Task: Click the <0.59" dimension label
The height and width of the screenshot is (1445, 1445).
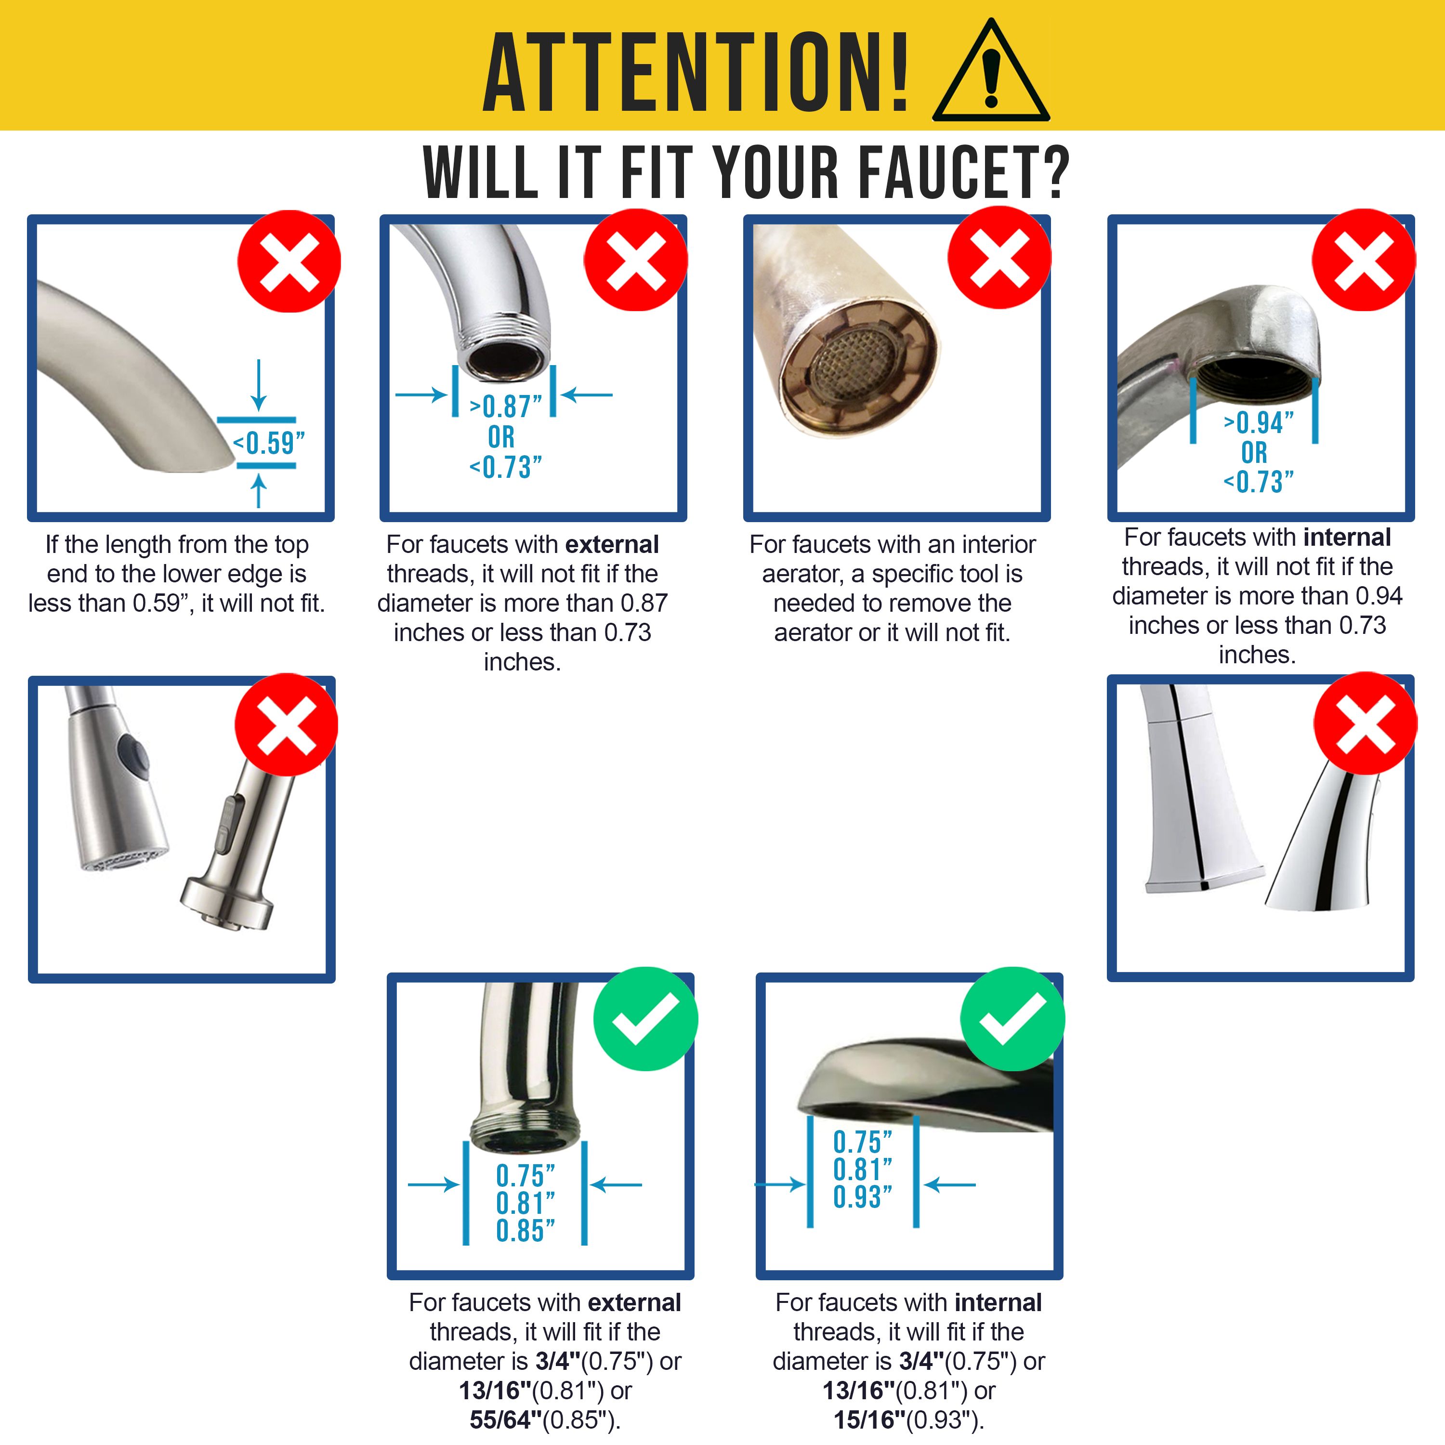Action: point(268,443)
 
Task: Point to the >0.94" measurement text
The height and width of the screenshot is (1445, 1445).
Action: point(1259,423)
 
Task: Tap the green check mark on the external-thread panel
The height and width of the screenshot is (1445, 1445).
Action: point(645,1019)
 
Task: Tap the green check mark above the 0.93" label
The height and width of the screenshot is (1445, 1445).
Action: point(1012,1019)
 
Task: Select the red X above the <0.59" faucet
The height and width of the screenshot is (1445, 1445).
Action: point(289,261)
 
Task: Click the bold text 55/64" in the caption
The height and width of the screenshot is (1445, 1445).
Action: point(506,1419)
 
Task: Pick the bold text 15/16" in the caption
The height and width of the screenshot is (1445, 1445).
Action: point(869,1419)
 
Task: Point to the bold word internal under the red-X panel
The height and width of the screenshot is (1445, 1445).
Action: point(1347,537)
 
